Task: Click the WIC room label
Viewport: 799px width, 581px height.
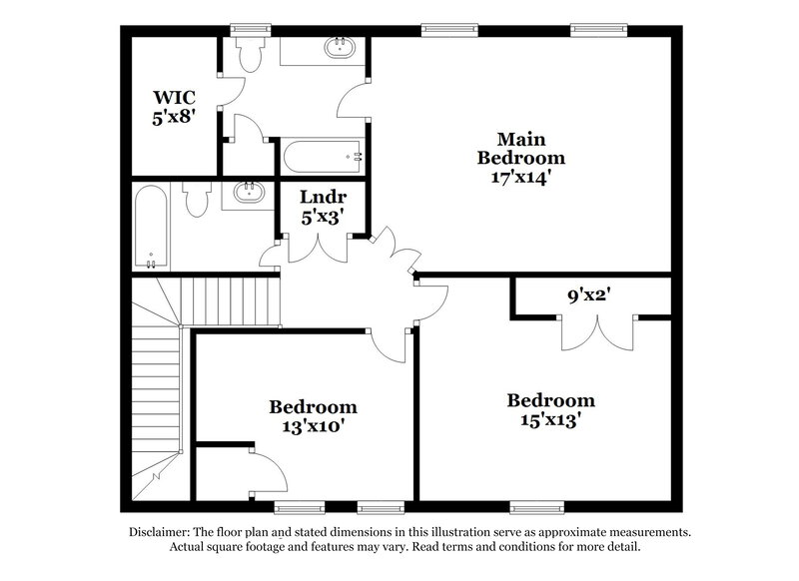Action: (x=174, y=98)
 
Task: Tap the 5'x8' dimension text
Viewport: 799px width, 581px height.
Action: (x=174, y=116)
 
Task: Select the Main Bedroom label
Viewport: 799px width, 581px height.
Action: (x=520, y=147)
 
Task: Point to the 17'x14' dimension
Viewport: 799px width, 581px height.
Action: (x=520, y=176)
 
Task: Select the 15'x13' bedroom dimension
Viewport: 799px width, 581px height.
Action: (x=550, y=420)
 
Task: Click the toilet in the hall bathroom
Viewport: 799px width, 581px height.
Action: (x=197, y=197)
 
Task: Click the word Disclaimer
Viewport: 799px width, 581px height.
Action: (x=163, y=532)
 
